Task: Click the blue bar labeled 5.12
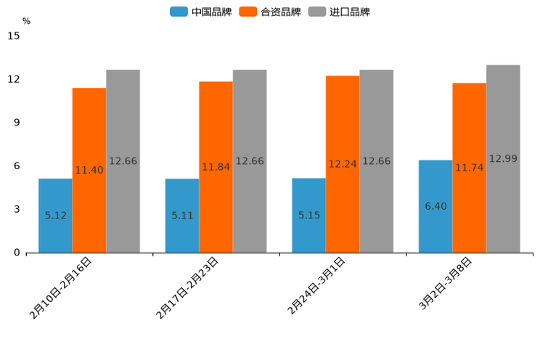pos(55,216)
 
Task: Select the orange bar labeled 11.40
pos(89,170)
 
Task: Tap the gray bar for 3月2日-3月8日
pos(503,158)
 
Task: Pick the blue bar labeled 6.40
pos(435,206)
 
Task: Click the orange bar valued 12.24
pos(343,164)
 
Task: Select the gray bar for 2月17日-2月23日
pos(250,161)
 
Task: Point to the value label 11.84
pos(216,167)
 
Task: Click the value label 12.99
pos(503,158)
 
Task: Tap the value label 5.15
pos(308,216)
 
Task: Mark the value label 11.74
pos(469,168)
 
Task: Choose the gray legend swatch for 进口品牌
pos(316,12)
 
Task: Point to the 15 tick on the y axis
pos(14,36)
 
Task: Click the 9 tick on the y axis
pos(17,123)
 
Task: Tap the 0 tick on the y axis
pos(17,253)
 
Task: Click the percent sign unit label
pos(26,21)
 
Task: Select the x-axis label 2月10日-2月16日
pos(62,287)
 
